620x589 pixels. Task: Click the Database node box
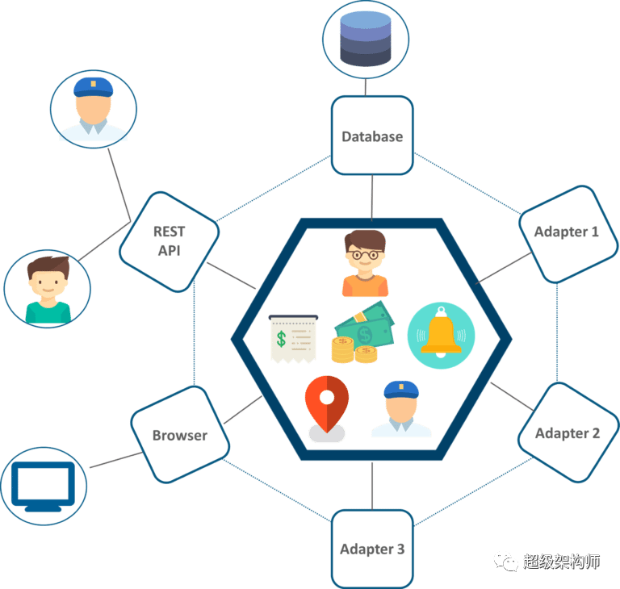coord(372,136)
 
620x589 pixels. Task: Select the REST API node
coord(170,240)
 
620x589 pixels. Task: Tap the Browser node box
coord(180,435)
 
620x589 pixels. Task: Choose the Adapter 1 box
coord(566,232)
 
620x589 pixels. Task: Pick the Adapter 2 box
coord(567,433)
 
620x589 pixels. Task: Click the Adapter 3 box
coord(372,549)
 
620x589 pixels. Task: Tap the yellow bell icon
coord(441,332)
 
